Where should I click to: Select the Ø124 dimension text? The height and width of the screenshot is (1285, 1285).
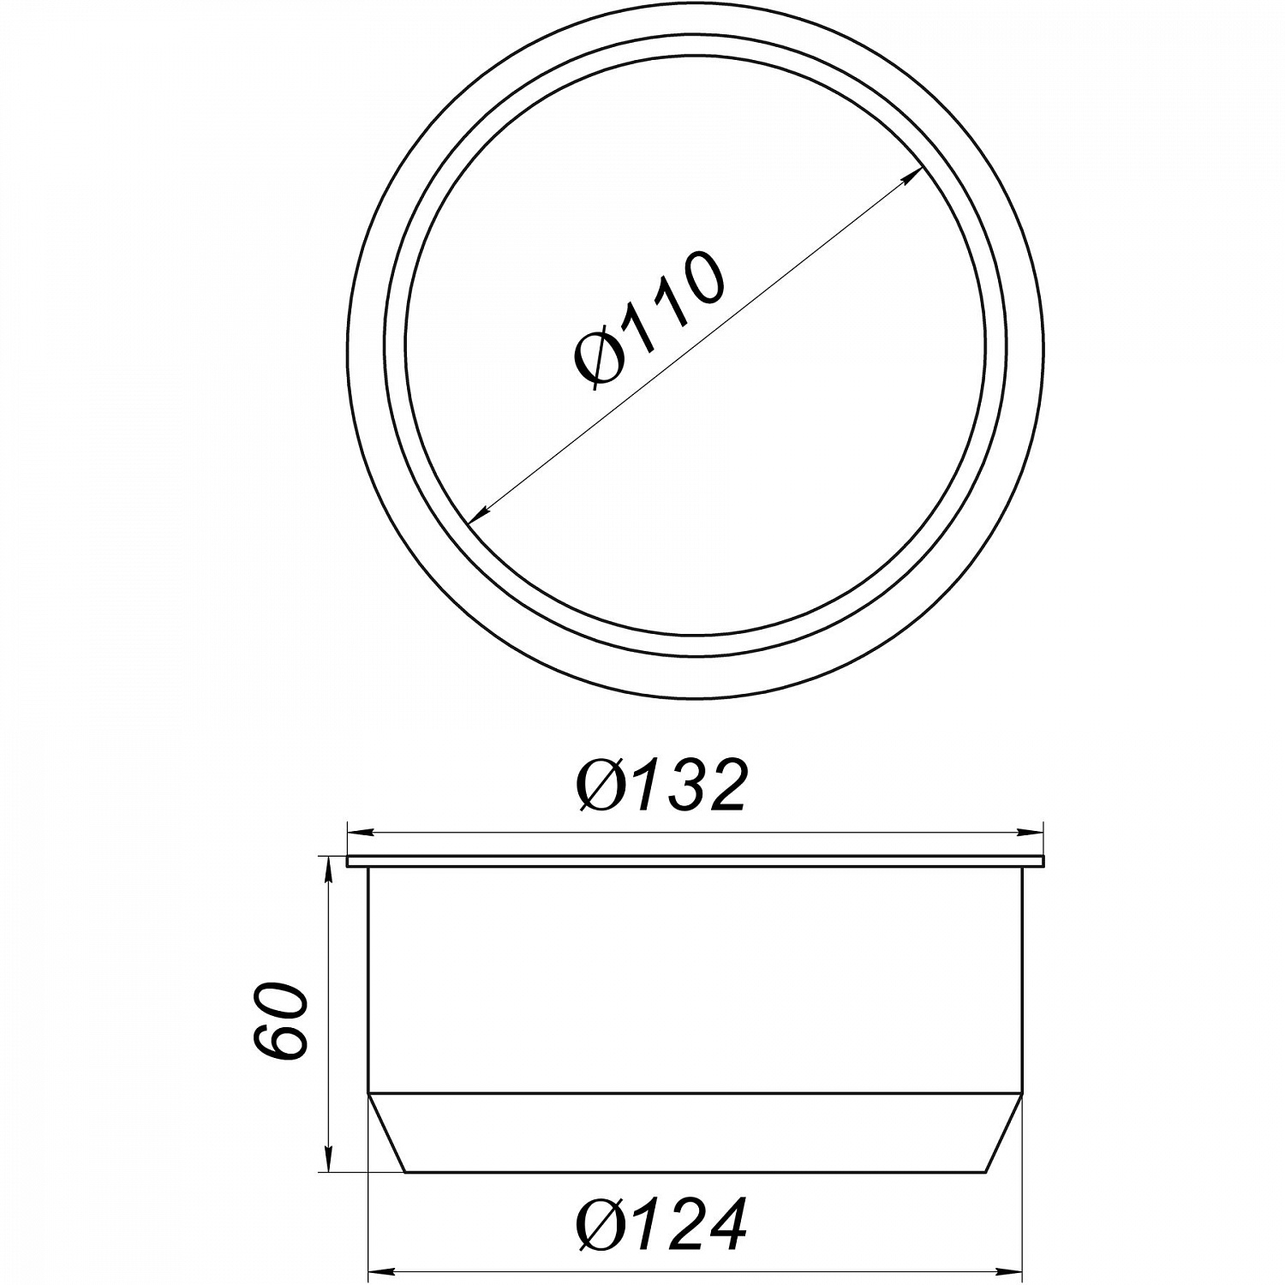tap(662, 1225)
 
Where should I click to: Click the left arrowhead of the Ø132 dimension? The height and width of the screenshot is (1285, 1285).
tap(359, 831)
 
